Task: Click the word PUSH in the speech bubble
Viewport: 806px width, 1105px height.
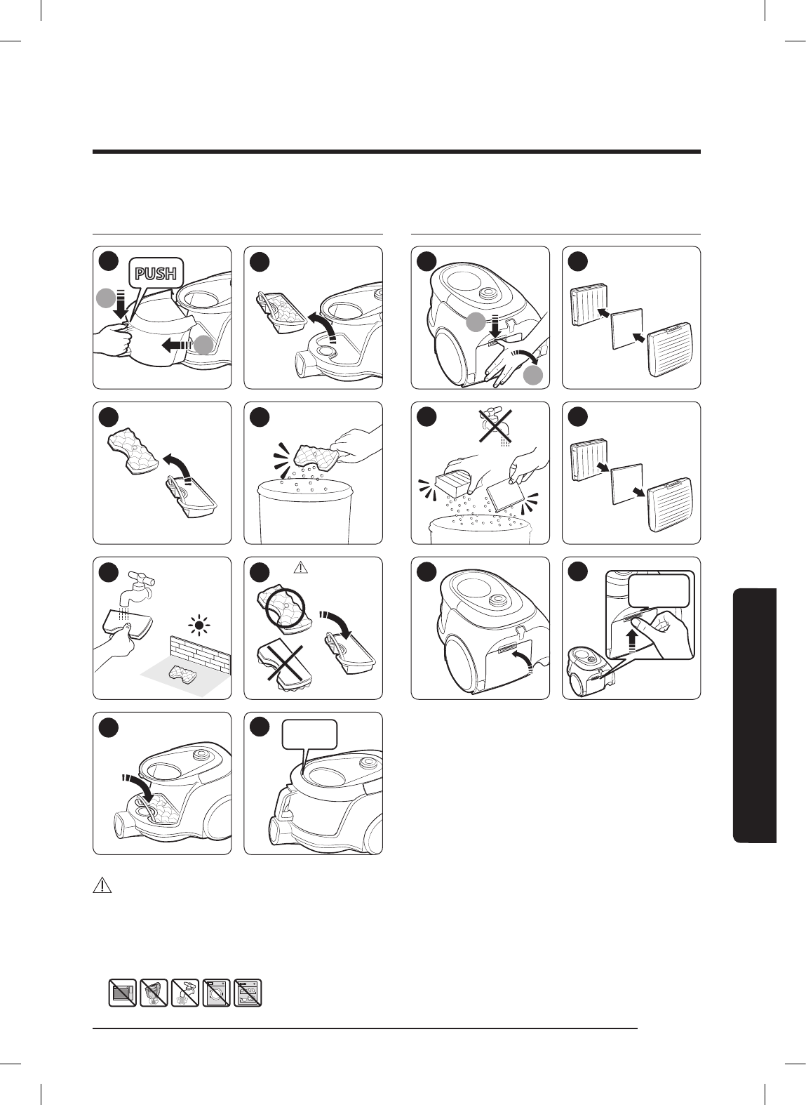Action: pyautogui.click(x=155, y=273)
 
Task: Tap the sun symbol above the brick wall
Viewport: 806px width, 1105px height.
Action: pyautogui.click(x=199, y=626)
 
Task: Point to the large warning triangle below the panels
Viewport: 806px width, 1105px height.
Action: pyautogui.click(x=102, y=885)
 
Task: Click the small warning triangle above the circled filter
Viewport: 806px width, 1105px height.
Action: pyautogui.click(x=301, y=568)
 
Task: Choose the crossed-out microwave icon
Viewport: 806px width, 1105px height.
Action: pyautogui.click(x=123, y=993)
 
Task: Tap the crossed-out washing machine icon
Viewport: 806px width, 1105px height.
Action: pyautogui.click(x=217, y=993)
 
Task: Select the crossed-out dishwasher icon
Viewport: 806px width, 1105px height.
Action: pyautogui.click(x=248, y=993)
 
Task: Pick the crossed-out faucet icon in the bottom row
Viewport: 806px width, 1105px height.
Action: pyautogui.click(x=185, y=993)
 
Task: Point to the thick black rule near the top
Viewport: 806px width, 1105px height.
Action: pyautogui.click(x=396, y=152)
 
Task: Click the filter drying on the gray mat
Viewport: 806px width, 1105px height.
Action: pyautogui.click(x=180, y=673)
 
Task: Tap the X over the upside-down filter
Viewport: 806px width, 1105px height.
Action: pyautogui.click(x=284, y=665)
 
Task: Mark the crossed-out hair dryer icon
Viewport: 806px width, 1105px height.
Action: pyautogui.click(x=154, y=993)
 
